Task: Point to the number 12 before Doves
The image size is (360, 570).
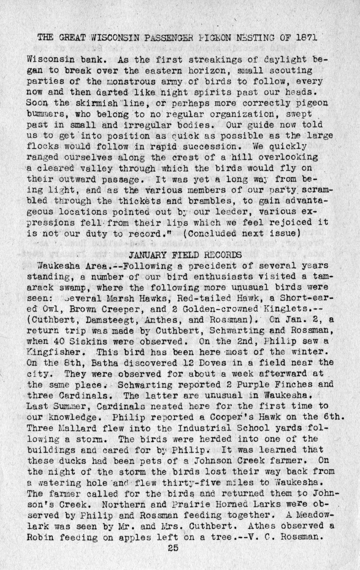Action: pos(178,363)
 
